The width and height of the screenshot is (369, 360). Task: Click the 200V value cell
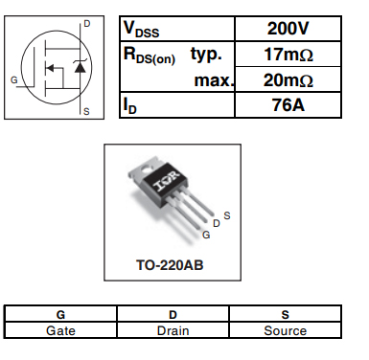pyautogui.click(x=288, y=29)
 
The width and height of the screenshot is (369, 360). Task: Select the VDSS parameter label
pyautogui.click(x=141, y=30)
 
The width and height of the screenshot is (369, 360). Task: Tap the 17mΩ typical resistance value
pyautogui.click(x=288, y=55)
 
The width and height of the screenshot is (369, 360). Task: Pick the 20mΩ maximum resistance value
pyautogui.click(x=288, y=80)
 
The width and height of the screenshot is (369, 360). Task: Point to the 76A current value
pyautogui.click(x=288, y=105)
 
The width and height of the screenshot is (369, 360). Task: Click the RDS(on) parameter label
pyautogui.click(x=150, y=56)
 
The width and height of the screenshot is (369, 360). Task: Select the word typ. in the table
pyautogui.click(x=206, y=55)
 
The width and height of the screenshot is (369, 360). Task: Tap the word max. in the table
pyautogui.click(x=214, y=80)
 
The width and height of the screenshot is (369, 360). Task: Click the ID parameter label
pyautogui.click(x=129, y=105)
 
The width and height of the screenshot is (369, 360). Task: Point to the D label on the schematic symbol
pyautogui.click(x=86, y=24)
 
